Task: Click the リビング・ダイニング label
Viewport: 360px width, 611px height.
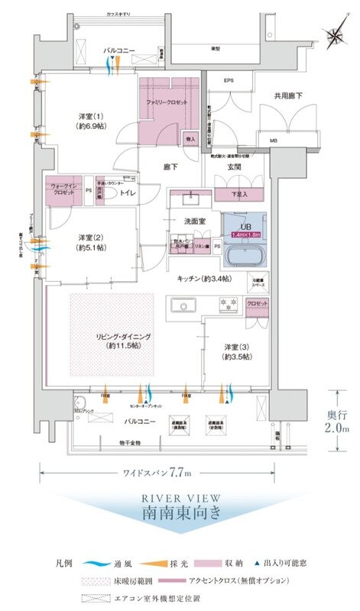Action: coord(119,341)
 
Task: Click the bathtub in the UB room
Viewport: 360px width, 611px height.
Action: coord(243,251)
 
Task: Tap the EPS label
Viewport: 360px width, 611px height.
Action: coord(228,80)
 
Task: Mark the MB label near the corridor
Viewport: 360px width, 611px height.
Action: coord(274,141)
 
